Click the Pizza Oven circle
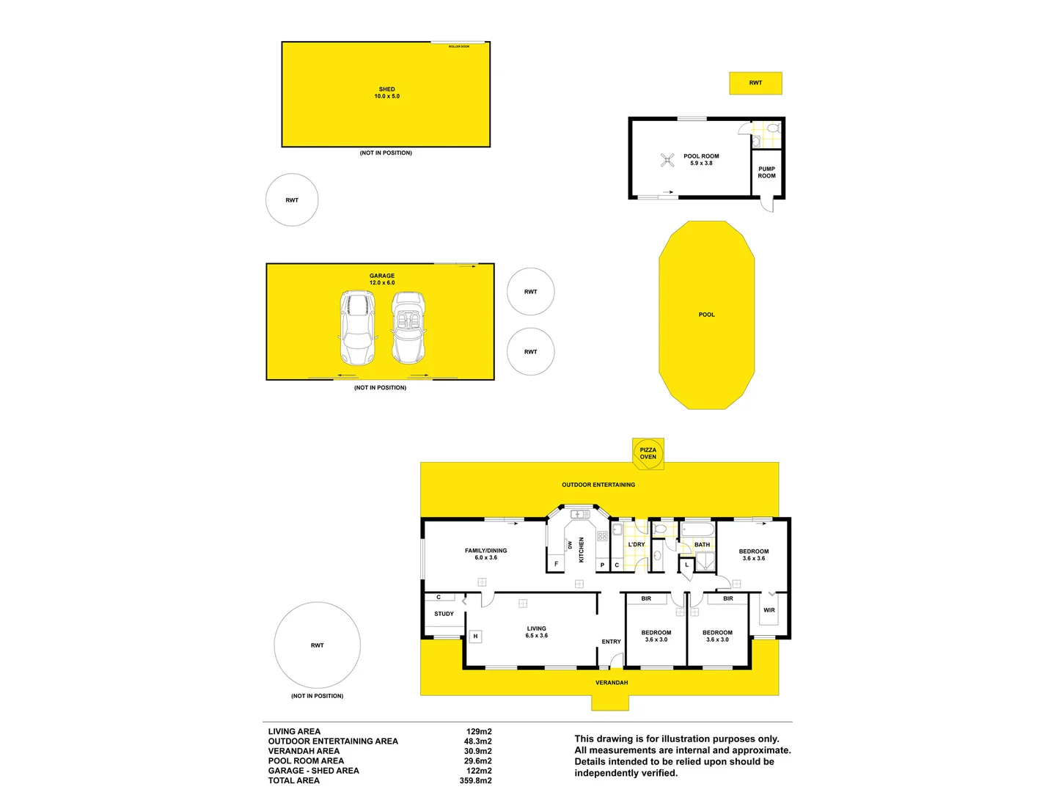tap(648, 454)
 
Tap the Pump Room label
tap(766, 172)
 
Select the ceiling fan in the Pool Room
tap(667, 160)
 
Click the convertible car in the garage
tap(408, 328)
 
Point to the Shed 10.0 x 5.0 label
tap(386, 93)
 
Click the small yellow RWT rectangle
tap(755, 83)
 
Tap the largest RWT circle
tap(317, 645)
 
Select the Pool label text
tap(706, 315)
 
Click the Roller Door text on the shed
tap(459, 46)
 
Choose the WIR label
tap(769, 610)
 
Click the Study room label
tap(444, 614)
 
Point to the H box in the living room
tap(475, 637)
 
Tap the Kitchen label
tap(582, 549)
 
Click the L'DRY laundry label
tap(636, 545)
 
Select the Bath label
tap(702, 545)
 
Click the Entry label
tap(611, 642)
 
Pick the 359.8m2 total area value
tap(475, 780)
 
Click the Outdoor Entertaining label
tap(598, 485)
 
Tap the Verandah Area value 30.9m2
tap(478, 751)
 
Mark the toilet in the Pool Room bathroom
tap(771, 128)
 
